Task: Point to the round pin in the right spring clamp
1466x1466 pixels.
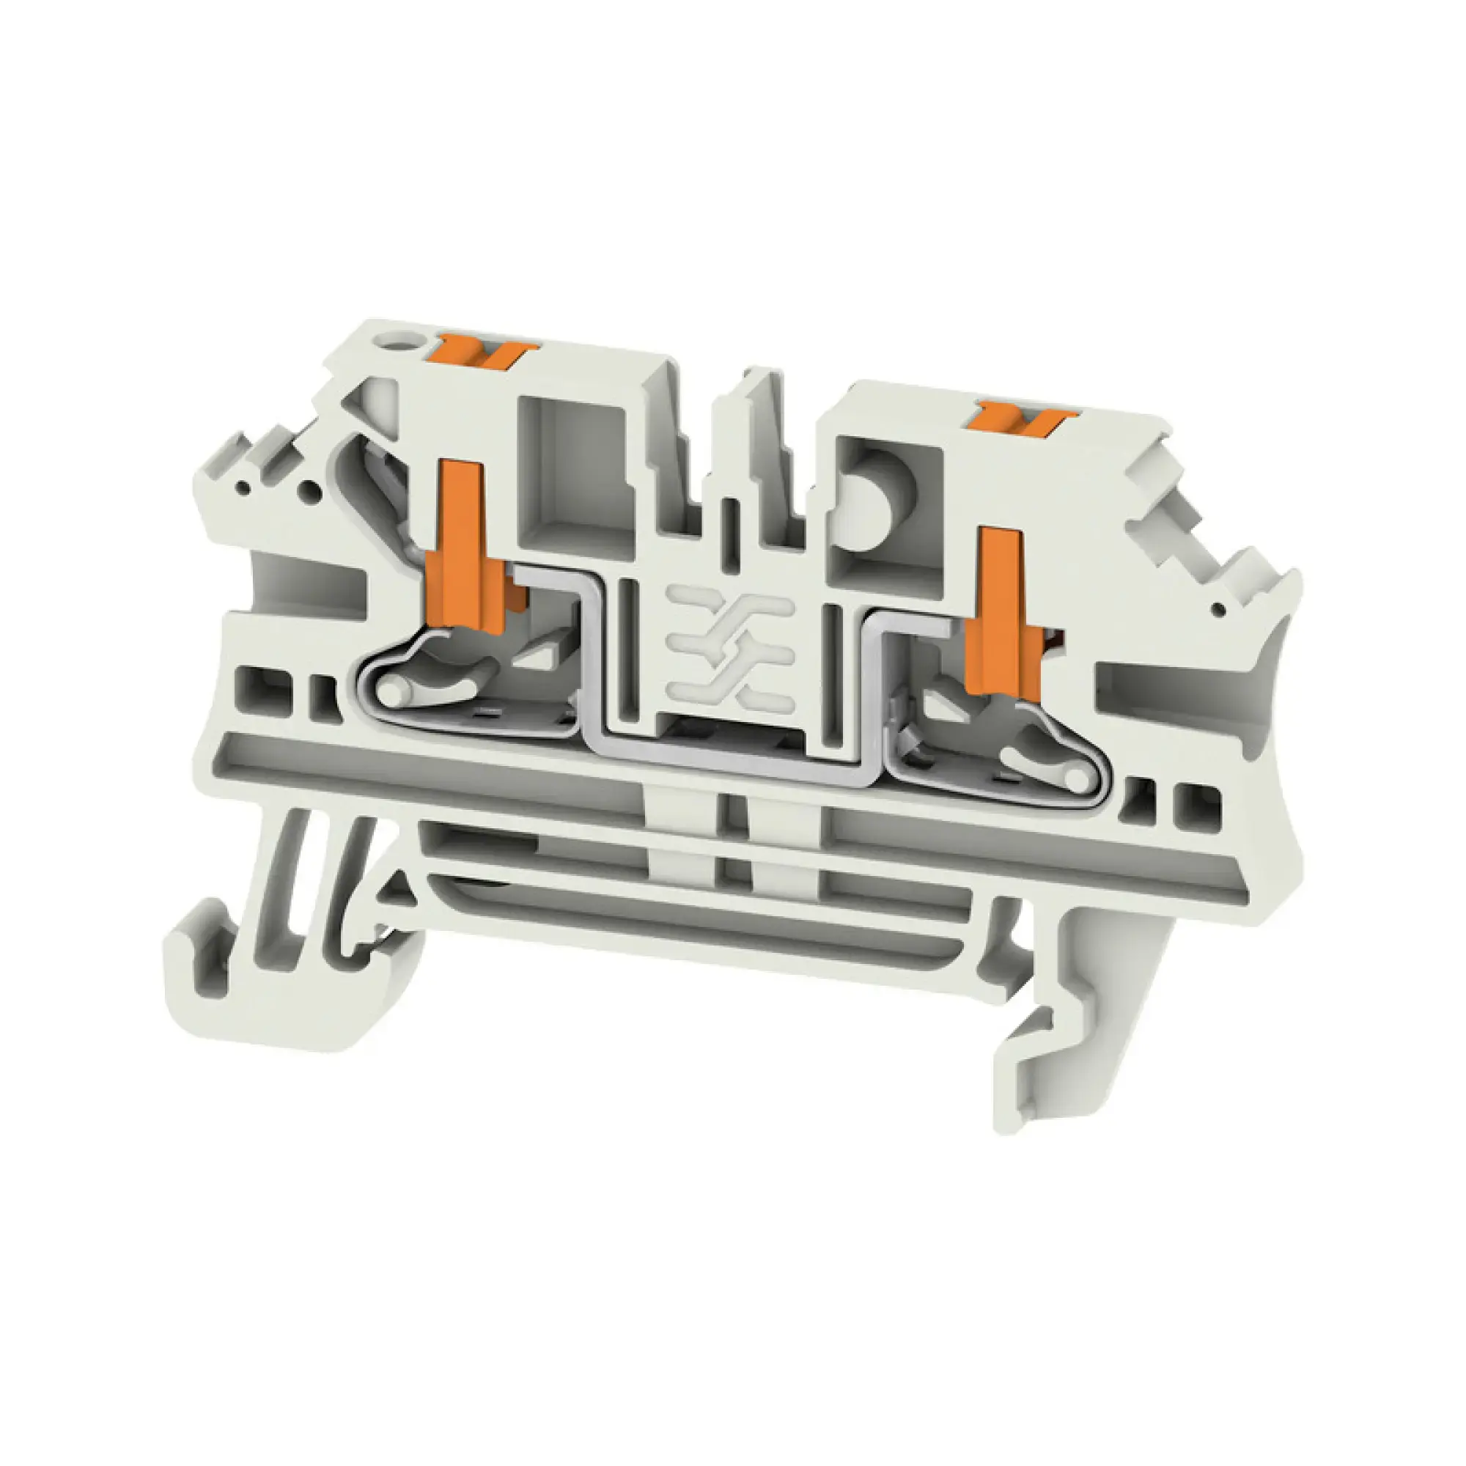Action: pyautogui.click(x=1071, y=778)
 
